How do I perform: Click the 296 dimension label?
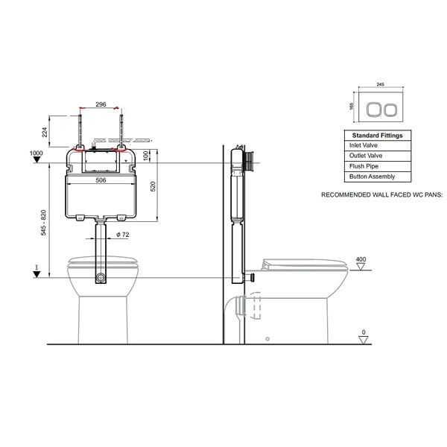tap(101, 104)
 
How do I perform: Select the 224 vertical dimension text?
tap(45, 133)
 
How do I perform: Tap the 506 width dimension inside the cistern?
tap(101, 180)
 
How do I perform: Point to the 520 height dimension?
tap(153, 186)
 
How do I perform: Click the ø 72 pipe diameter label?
tap(123, 235)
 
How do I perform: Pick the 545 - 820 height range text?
tap(43, 223)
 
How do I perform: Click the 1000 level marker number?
tap(37, 153)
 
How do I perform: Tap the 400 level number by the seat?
tap(361, 259)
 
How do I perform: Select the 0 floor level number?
tap(364, 332)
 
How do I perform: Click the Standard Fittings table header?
tap(378, 136)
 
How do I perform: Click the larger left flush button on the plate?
tap(373, 110)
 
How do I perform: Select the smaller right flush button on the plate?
tap(390, 110)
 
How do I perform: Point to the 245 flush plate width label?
tap(380, 84)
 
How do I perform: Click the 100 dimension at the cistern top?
tap(146, 156)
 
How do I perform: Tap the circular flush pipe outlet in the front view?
tap(101, 277)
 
